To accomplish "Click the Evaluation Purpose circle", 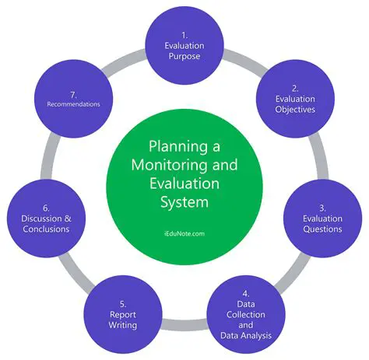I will pos(184,46).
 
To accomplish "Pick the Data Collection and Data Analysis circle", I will pos(245,312).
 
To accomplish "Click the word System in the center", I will pos(184,204).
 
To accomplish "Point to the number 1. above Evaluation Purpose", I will pos(184,34).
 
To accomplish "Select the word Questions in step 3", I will pos(321,229).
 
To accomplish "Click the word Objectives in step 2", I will pos(294,110).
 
